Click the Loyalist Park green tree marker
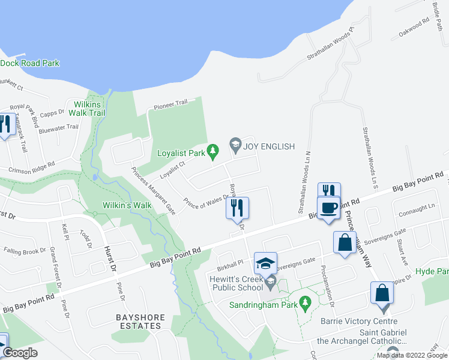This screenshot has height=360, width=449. click(212, 152)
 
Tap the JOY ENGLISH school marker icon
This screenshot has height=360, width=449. click(235, 145)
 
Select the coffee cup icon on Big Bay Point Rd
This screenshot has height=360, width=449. click(328, 208)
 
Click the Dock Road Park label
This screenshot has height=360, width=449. click(30, 63)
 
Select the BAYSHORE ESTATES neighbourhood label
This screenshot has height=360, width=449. click(139, 321)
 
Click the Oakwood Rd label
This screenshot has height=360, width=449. click(415, 28)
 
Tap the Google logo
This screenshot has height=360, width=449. click(20, 353)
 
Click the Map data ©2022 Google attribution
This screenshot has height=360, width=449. click(412, 355)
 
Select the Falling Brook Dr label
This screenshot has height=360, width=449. click(24, 250)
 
